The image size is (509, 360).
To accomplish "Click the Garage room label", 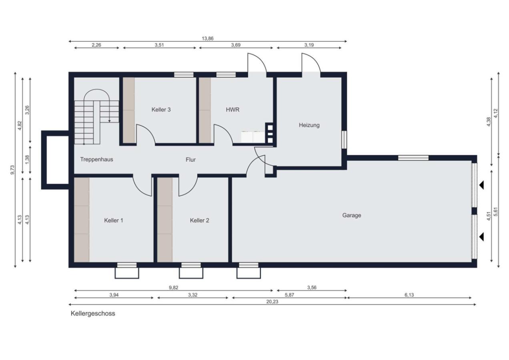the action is [x=351, y=215].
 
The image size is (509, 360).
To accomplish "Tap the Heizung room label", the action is [x=309, y=125].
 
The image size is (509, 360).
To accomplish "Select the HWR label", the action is [x=232, y=110].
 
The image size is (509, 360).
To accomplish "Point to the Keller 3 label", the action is [x=161, y=110].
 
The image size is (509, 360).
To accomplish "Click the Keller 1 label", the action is [x=114, y=220].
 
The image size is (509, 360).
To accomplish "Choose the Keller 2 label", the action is [x=200, y=220].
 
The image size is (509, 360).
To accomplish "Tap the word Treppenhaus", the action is [x=96, y=160].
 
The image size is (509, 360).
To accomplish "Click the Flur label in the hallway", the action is [x=190, y=160].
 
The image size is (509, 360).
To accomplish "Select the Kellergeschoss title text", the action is [x=93, y=314].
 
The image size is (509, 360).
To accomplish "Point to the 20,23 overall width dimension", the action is [x=272, y=302].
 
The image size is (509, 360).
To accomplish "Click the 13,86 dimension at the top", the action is [x=208, y=39].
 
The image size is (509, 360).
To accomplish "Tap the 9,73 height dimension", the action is [x=13, y=170].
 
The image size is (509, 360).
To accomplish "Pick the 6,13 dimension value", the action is [x=409, y=295].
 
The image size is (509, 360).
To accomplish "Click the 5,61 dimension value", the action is [x=496, y=212].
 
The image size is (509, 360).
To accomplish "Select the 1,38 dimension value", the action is [x=27, y=160].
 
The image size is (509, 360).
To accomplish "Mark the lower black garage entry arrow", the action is [x=481, y=237].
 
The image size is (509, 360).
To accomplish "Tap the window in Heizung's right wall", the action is [x=344, y=140].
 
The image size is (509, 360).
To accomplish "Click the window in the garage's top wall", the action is [x=413, y=158].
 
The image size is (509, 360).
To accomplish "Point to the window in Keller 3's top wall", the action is [x=184, y=75].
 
